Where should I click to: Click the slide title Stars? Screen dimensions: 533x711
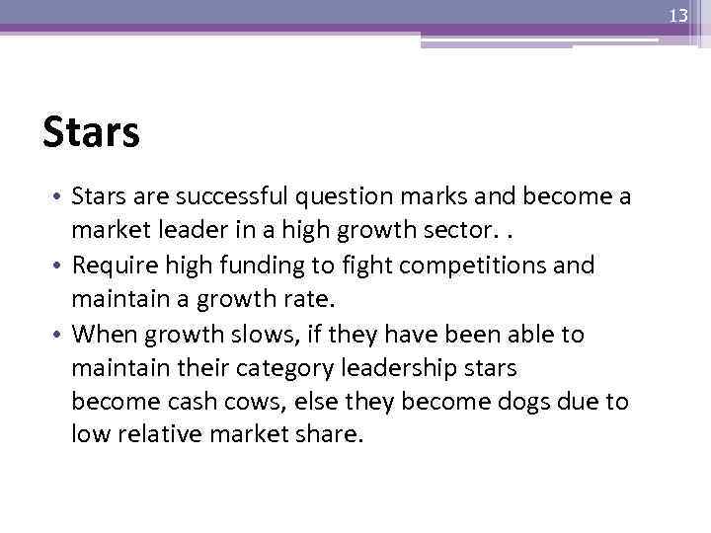(91, 131)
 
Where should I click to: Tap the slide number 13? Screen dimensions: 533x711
(677, 15)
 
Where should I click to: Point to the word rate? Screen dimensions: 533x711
(284, 300)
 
